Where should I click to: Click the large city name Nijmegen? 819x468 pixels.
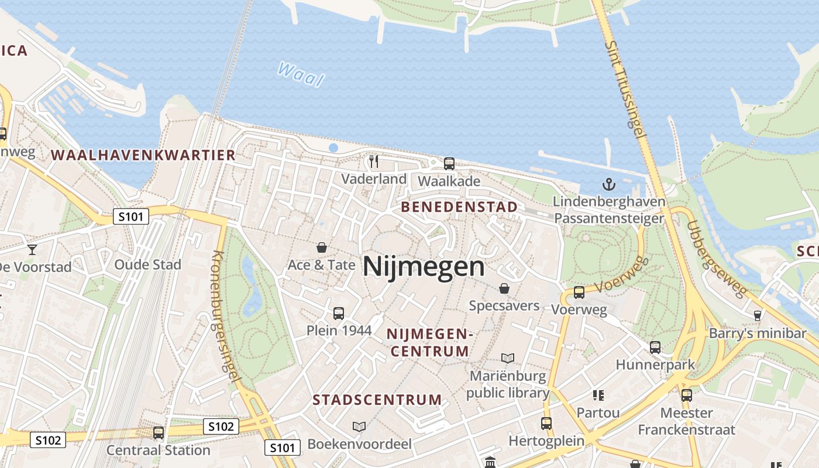tap(424, 267)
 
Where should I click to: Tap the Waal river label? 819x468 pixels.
tap(301, 74)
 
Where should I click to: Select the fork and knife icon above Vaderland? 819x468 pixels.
tap(374, 161)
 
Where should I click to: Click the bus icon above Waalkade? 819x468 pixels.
tap(449, 164)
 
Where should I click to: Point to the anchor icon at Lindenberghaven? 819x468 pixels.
tap(609, 185)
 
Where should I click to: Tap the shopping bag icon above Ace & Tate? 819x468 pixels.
tap(321, 247)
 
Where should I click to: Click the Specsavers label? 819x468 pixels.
tap(504, 305)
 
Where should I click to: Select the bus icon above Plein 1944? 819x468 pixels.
tap(339, 313)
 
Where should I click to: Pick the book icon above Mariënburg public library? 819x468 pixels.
tap(508, 358)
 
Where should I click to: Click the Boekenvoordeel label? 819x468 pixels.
tap(360, 443)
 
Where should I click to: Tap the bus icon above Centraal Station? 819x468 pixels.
tap(158, 433)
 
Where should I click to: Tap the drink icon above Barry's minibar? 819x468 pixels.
tap(758, 315)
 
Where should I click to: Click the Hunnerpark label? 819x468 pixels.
tap(655, 364)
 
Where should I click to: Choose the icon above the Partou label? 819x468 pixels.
tap(598, 395)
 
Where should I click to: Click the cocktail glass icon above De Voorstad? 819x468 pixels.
tap(32, 250)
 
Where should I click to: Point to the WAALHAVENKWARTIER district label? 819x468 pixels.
tap(143, 155)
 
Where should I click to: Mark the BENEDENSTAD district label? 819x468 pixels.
tap(459, 207)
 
